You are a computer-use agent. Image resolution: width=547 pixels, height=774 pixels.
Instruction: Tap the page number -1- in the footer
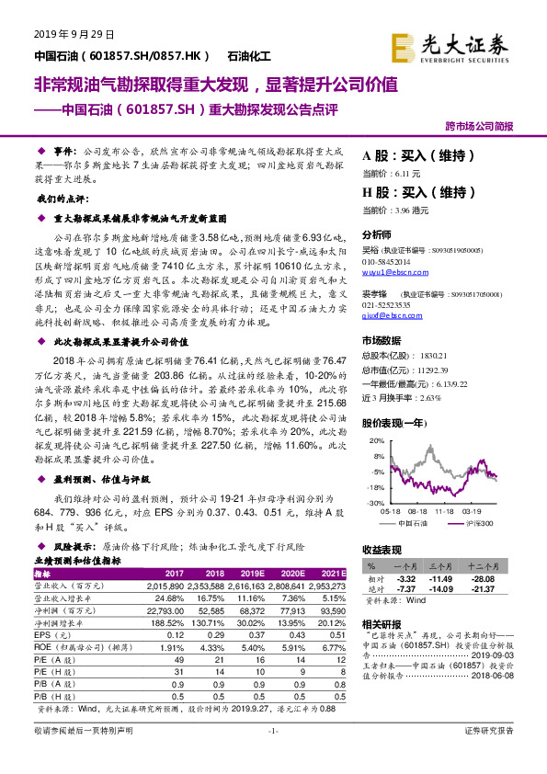[x=272, y=756]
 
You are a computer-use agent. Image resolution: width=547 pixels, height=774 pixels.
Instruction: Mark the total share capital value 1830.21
[x=435, y=354]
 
